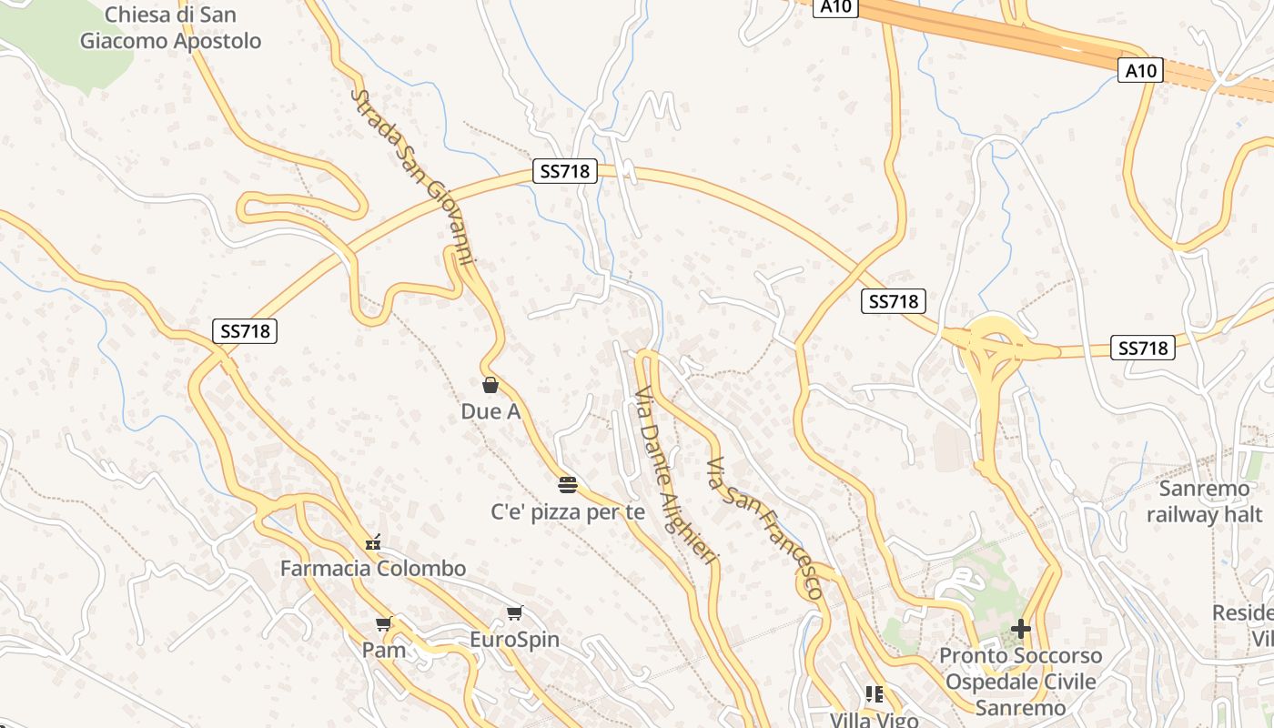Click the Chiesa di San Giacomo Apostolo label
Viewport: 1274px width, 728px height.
[170, 28]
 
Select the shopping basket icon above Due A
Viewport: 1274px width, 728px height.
[490, 385]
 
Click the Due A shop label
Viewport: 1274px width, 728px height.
[490, 411]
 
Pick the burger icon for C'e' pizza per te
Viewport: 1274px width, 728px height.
[568, 484]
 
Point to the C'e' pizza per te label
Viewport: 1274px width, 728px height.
[568, 512]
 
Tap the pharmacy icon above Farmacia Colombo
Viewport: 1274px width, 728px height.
[372, 543]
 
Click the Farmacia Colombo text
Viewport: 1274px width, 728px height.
[373, 569]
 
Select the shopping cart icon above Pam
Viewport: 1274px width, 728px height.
[383, 624]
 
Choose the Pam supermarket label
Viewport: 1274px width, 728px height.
[383, 650]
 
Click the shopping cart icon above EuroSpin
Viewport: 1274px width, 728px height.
[515, 613]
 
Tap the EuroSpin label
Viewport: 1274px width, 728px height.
[514, 640]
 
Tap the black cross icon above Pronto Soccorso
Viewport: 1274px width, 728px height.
[1021, 629]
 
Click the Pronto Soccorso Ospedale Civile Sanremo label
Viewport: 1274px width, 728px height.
[1020, 682]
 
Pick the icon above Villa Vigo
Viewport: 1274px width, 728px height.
[875, 694]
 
